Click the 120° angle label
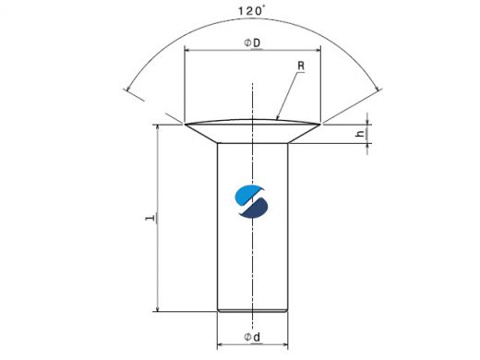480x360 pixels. (x=251, y=11)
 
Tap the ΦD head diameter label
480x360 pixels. (x=252, y=43)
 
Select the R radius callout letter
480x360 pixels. (x=301, y=66)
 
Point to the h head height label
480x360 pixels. (x=360, y=134)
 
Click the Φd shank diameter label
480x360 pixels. (x=252, y=337)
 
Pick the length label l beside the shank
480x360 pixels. (x=150, y=218)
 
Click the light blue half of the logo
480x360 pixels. (x=249, y=195)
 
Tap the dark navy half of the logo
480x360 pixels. (x=254, y=209)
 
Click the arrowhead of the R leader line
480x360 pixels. (x=278, y=117)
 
